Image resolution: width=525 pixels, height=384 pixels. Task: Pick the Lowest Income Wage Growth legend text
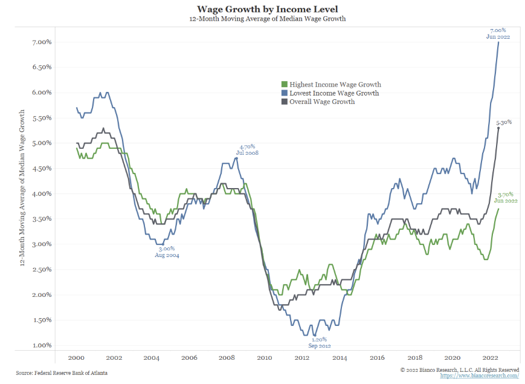coord(334,93)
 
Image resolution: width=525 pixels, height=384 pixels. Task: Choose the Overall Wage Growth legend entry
coord(322,102)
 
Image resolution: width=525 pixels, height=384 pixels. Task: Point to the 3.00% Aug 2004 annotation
coord(167,252)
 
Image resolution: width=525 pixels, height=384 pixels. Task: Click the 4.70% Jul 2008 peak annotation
coord(248,150)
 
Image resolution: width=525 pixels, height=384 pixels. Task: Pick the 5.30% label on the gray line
coord(503,122)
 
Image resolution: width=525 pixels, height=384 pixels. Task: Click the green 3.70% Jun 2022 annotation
coord(506,197)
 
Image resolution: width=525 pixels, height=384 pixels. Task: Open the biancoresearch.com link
coord(480,376)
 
